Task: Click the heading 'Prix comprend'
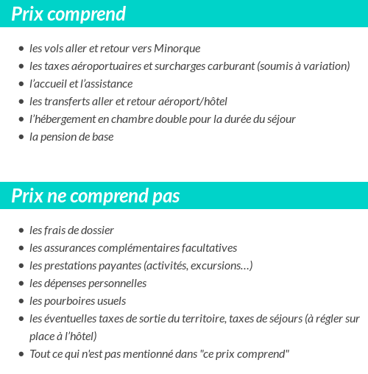[68, 14]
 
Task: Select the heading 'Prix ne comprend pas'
[96, 197]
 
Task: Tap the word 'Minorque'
[177, 49]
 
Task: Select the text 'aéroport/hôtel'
[193, 102]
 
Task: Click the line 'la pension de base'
[71, 137]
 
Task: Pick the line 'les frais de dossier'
[71, 230]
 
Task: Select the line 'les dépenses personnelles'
[88, 283]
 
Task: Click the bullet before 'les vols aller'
[21, 49]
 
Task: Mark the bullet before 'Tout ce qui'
[21, 354]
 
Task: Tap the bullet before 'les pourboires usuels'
[21, 301]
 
